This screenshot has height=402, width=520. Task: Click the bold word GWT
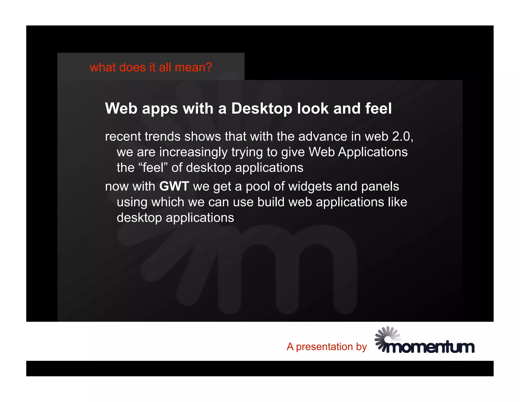[174, 186]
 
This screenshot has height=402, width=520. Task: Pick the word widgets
[310, 186]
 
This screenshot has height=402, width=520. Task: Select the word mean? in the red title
[193, 67]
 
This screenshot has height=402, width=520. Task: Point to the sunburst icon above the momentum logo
[387, 336]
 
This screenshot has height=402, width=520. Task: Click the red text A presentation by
[327, 347]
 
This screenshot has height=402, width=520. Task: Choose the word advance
[323, 136]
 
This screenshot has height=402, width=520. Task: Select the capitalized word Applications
[373, 152]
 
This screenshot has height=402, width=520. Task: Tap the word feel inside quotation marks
[153, 168]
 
